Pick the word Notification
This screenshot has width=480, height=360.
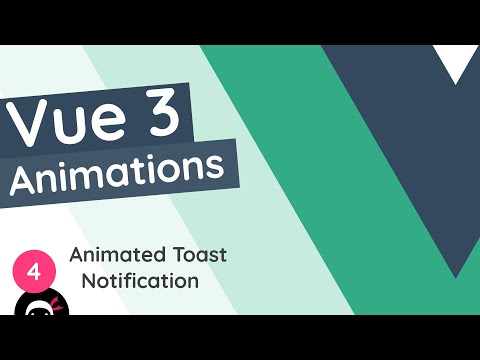tap(140, 281)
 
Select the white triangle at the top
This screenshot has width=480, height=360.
tap(461, 64)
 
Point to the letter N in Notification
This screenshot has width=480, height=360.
tap(89, 281)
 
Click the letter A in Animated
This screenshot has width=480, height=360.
tap(76, 255)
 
